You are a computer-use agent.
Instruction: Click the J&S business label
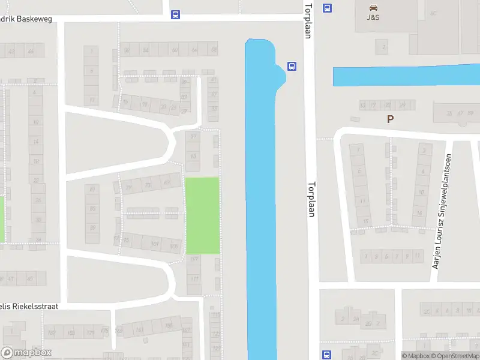[373, 17]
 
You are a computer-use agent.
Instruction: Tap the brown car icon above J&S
[373, 8]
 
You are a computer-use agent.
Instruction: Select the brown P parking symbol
[390, 119]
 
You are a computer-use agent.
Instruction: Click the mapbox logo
[26, 353]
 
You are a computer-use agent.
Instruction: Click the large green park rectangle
[202, 215]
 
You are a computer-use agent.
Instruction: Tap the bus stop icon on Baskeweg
[175, 14]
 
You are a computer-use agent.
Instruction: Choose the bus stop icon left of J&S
[327, 8]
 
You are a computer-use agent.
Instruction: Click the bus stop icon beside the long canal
[292, 66]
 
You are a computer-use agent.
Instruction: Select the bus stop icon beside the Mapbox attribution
[327, 354]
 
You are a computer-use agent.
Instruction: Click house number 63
[193, 157]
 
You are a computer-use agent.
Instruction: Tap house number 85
[92, 209]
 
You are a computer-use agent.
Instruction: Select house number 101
[155, 244]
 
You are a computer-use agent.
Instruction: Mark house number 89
[92, 228]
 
